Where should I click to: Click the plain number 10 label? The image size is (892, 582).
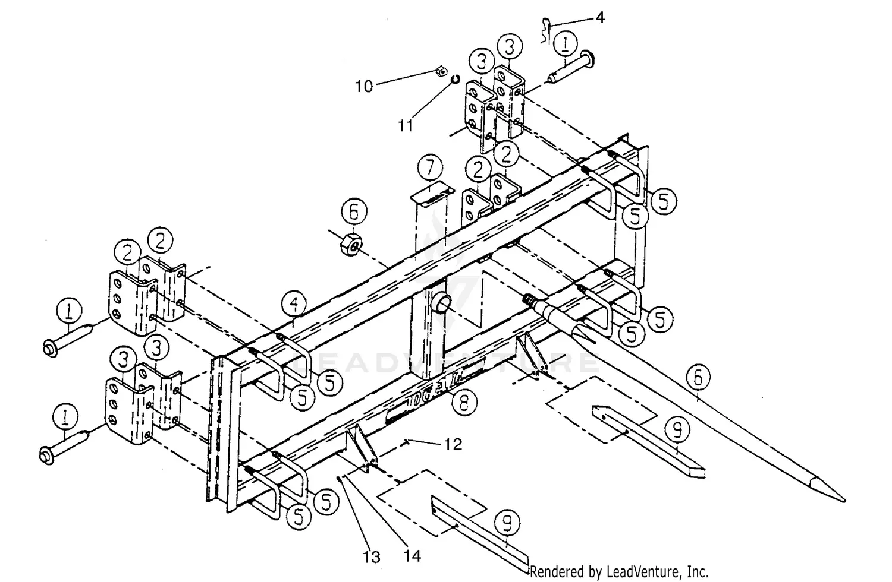coord(364,86)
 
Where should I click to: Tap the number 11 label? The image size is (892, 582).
coord(405,126)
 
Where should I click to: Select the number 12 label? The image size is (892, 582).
coord(453,444)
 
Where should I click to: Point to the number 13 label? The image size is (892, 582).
coord(372,557)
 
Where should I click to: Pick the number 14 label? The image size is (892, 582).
coord(412,556)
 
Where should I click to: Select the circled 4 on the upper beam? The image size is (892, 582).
coord(295,305)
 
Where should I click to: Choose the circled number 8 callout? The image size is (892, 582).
coord(464,403)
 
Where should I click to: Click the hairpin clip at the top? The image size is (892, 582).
coord(549,30)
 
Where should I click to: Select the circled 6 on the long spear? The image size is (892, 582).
coord(698,377)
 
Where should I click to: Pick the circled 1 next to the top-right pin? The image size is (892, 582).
coord(566,45)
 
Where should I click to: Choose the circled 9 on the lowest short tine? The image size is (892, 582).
coord(507,523)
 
